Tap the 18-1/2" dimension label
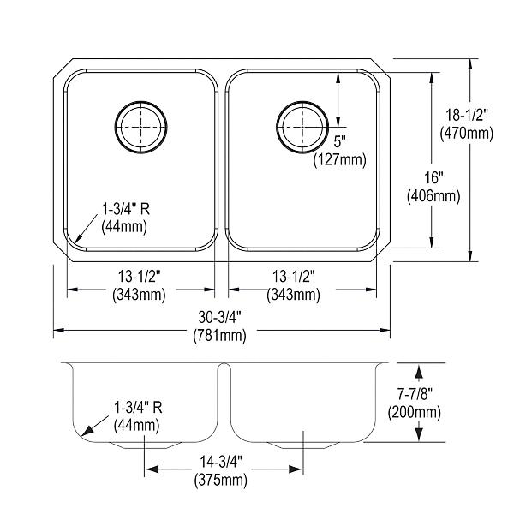coord(467,116)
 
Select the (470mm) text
coord(467,134)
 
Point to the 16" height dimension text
coord(433,178)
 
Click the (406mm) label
coord(433,196)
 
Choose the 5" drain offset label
coord(339,142)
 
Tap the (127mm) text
coord(339,160)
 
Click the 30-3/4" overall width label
coord(219,317)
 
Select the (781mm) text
coord(219,335)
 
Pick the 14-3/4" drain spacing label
coord(221,463)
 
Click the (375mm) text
coord(221,481)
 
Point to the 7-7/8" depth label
coord(415,394)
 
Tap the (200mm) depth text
coord(415,412)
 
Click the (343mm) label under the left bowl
coord(140,295)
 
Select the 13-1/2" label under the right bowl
coord(294,277)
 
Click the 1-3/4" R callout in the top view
coord(126,209)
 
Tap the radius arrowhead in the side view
coord(87,431)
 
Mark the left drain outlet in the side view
coord(145,445)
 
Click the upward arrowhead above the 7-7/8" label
coord(419,371)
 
